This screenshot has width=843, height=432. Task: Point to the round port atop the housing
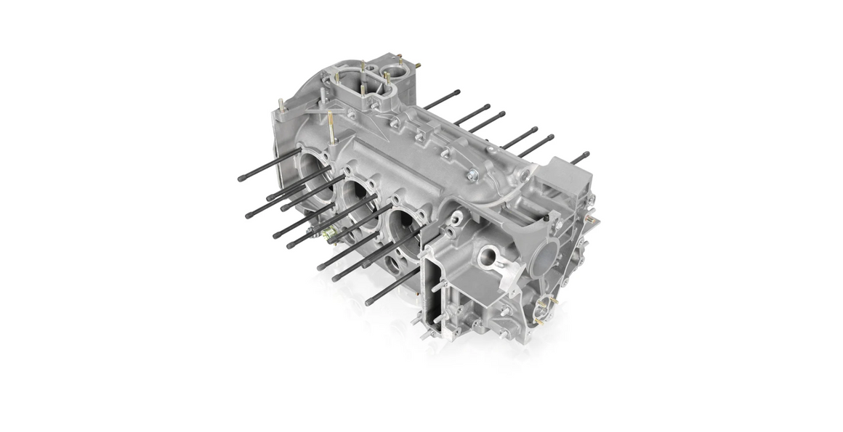click(393, 73)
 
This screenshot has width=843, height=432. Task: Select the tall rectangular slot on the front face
click(434, 287)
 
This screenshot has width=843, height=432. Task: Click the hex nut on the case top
click(473, 174)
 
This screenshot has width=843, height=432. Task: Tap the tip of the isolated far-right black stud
click(586, 154)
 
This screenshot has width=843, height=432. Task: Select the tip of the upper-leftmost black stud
click(241, 178)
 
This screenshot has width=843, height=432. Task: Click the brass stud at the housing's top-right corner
click(419, 66)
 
